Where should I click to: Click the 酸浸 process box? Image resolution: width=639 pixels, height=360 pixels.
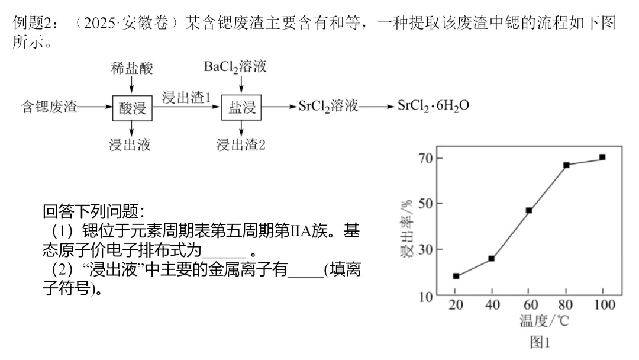132,108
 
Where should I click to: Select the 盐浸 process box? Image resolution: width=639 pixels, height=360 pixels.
241,108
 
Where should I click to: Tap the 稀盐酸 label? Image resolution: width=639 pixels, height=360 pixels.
132,68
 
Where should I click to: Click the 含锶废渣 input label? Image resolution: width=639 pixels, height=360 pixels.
50,108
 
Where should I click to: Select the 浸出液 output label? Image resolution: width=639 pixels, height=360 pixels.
130,144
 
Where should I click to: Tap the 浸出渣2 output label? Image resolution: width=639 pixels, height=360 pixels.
241,144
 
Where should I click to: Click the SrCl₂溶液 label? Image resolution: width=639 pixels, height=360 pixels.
328,107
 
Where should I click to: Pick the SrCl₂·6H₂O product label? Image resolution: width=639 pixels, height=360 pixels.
434,107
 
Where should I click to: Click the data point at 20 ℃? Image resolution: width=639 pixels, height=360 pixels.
456,276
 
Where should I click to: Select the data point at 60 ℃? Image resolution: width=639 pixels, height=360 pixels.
529,210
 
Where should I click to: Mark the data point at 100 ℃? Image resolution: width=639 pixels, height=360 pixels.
602,157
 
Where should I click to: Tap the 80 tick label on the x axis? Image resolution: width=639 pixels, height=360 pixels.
566,305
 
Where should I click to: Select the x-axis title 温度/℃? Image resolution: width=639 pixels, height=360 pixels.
544,322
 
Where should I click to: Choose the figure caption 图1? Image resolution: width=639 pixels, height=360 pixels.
540,342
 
